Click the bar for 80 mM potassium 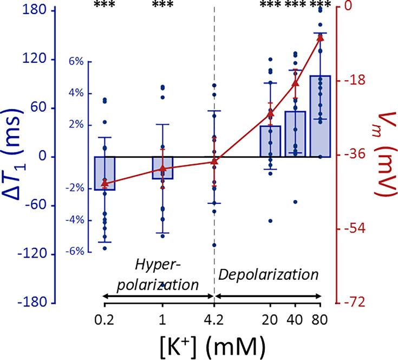(x=320, y=116)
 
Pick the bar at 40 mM (x=295, y=134)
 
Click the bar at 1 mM (x=162, y=168)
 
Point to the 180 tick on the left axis (x=30, y=11)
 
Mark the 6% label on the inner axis (x=76, y=61)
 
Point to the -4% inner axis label (x=75, y=220)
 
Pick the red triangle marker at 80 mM (x=320, y=37)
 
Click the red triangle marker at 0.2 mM (x=105, y=183)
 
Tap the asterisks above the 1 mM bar (x=162, y=5)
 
